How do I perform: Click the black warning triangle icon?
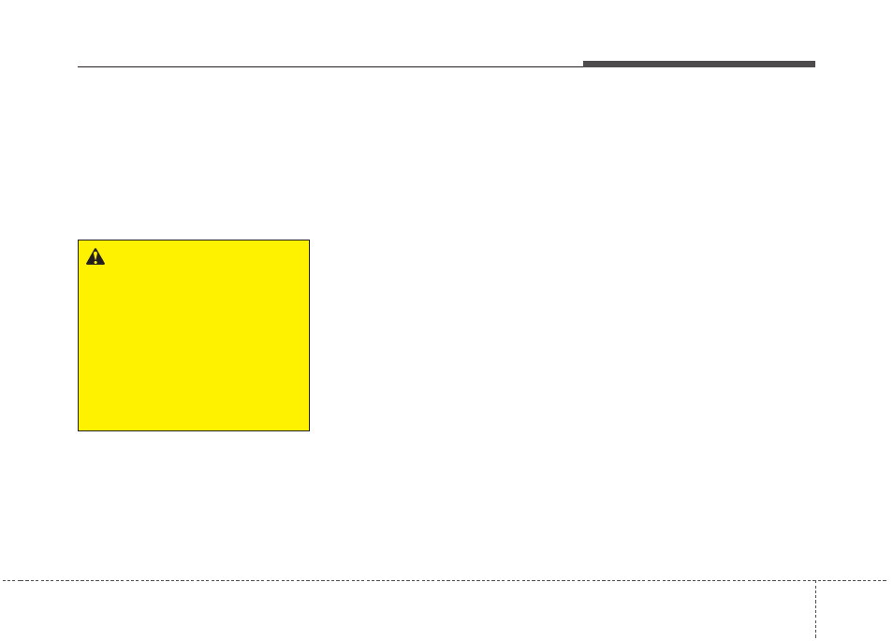click(x=95, y=256)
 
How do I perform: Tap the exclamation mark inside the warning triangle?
click(x=95, y=257)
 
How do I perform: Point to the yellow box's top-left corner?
click(x=78, y=240)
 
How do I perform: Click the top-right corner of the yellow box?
click(x=309, y=240)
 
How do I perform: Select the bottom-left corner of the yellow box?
click(x=78, y=430)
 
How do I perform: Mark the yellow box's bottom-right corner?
click(x=309, y=430)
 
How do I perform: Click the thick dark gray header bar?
click(x=698, y=65)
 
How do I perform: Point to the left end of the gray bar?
click(x=584, y=65)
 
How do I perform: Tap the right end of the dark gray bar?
click(x=814, y=65)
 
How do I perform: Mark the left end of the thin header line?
click(x=78, y=66)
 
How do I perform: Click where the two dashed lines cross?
click(x=815, y=581)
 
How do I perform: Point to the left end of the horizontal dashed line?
click(x=2, y=581)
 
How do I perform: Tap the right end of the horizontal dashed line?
click(x=890, y=581)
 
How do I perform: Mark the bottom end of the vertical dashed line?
click(x=815, y=639)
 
